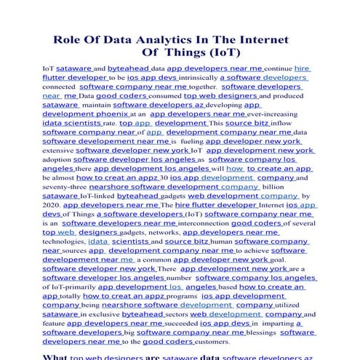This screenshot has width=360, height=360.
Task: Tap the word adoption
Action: point(57,159)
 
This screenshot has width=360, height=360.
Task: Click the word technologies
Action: point(63,241)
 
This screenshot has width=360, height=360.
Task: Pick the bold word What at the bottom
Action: point(56,356)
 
